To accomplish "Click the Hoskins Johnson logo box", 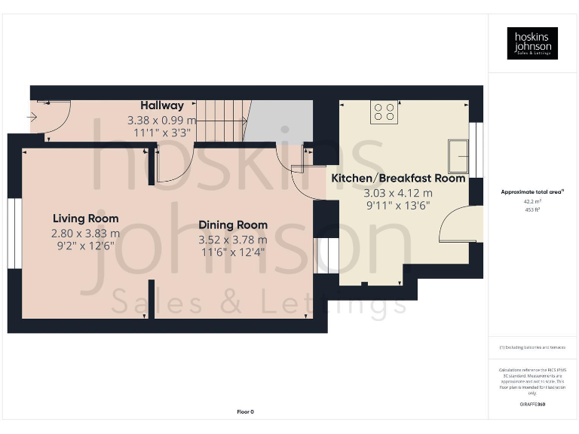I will [x=532, y=43].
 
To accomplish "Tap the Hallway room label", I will [x=161, y=106].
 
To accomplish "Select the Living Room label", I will [x=85, y=219].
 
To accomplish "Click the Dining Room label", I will [x=232, y=225].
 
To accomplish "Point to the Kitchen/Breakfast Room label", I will [x=398, y=179].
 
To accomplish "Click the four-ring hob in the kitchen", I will [x=384, y=112].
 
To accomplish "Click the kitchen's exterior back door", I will [x=459, y=227].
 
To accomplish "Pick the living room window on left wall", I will [x=14, y=233].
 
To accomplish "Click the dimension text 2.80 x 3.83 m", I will [x=85, y=234].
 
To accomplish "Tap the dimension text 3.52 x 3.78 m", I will [x=232, y=240].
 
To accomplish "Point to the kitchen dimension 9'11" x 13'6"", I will [x=398, y=206].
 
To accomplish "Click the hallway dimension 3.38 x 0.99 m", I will [x=161, y=120].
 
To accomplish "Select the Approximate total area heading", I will [x=532, y=192].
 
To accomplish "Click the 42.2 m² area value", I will [x=532, y=202].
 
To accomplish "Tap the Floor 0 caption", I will [x=245, y=411].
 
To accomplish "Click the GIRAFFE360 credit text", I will [x=532, y=405].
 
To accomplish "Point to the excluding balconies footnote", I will [x=532, y=347].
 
